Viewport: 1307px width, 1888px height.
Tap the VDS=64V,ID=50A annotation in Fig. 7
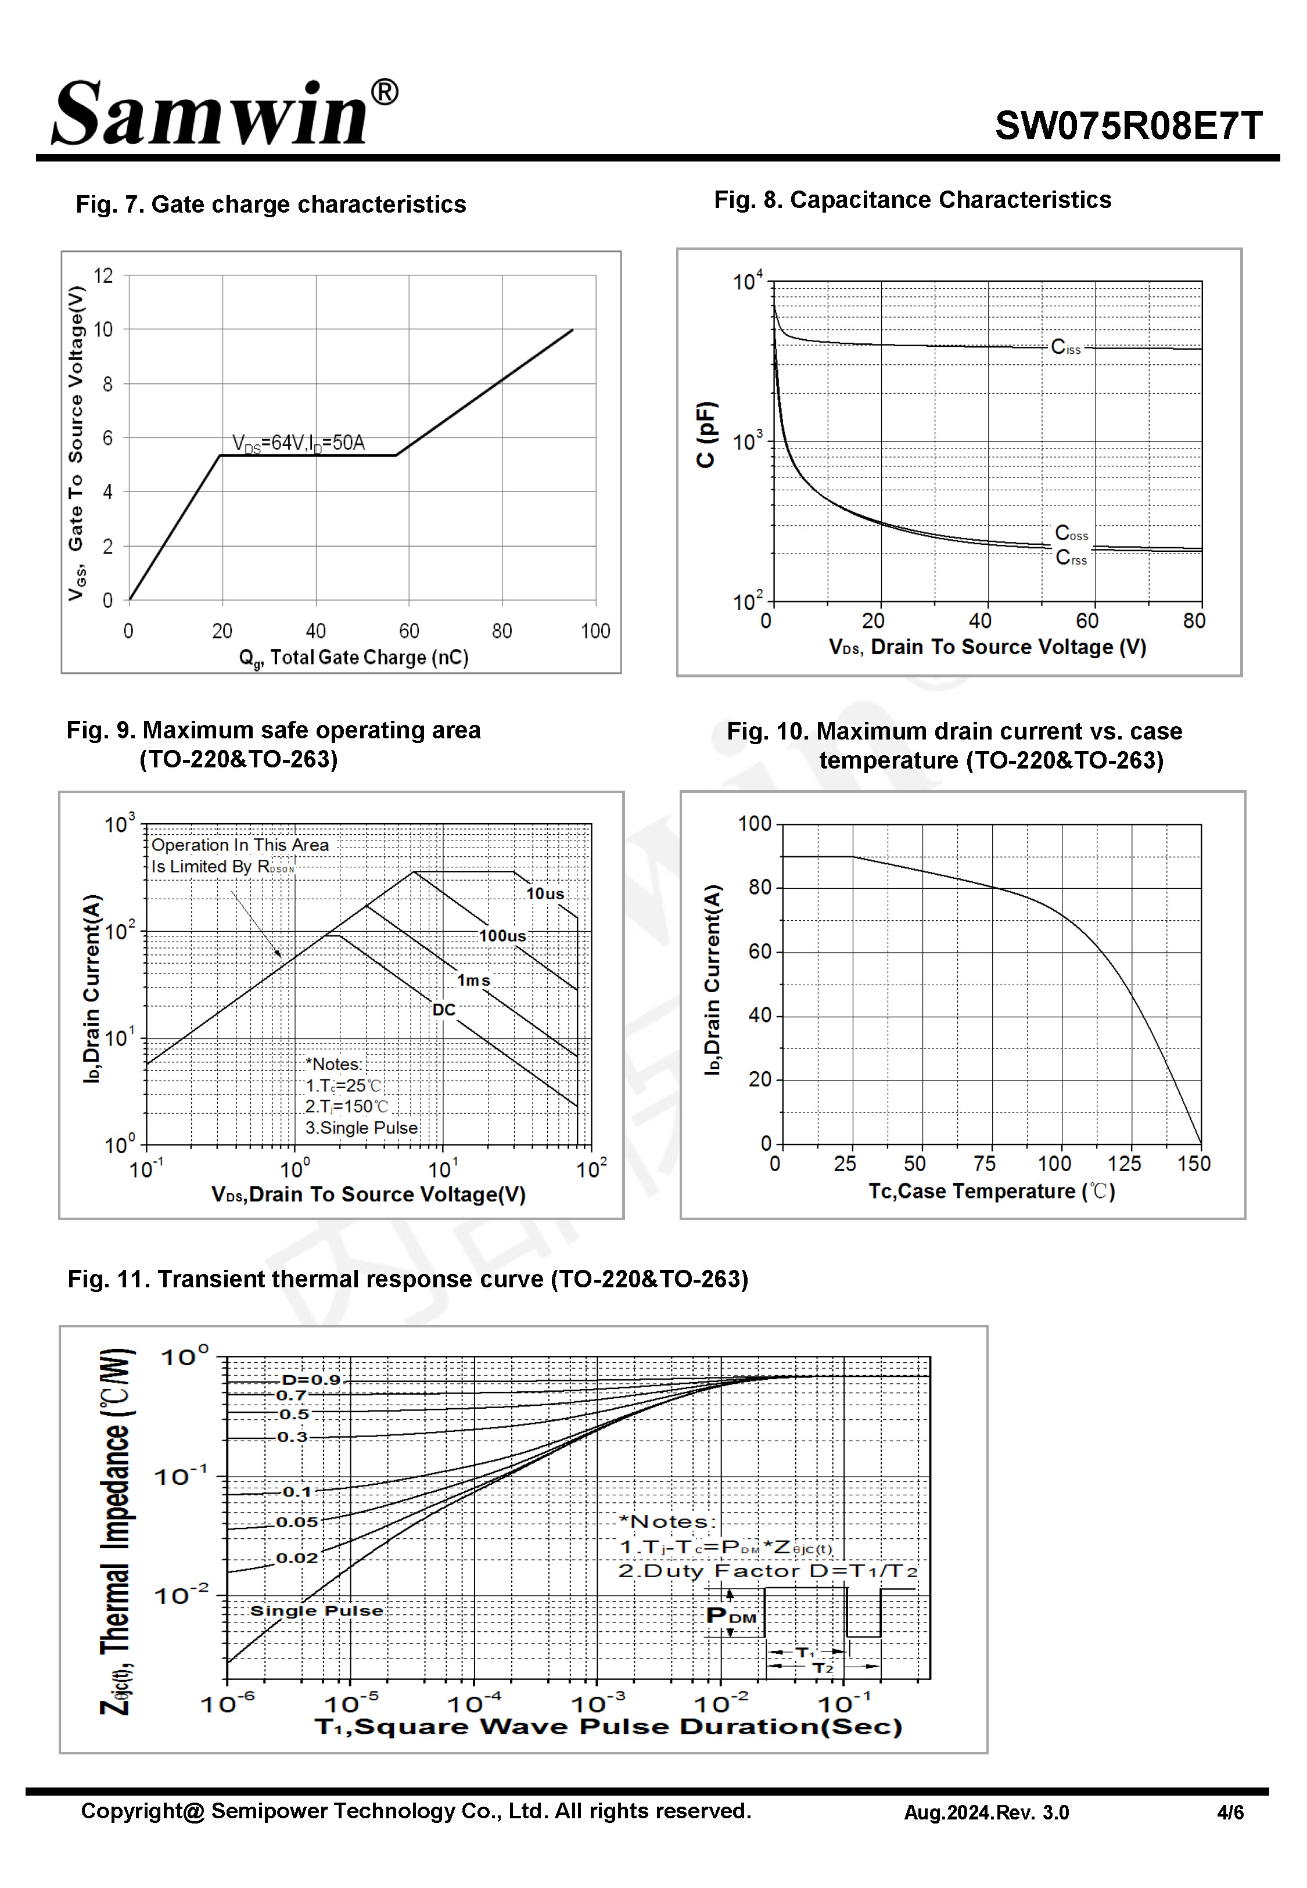[x=298, y=443]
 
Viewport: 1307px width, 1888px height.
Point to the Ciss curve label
[x=1065, y=347]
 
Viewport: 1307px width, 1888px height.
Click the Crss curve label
[x=1071, y=558]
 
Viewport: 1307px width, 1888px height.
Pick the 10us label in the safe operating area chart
[x=545, y=893]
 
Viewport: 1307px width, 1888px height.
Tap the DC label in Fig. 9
[x=443, y=1010]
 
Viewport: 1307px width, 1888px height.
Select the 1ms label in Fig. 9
[x=473, y=980]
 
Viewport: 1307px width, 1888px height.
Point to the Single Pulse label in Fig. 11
[x=316, y=1610]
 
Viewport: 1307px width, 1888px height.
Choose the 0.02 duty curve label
[x=296, y=1557]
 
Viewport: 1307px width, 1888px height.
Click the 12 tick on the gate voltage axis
[x=103, y=276]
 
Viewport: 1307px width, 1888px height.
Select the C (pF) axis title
[x=705, y=434]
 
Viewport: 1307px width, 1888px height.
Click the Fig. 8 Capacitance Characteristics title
[x=912, y=200]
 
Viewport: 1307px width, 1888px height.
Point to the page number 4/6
[x=1229, y=1812]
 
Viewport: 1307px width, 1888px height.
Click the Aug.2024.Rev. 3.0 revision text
[x=986, y=1812]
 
